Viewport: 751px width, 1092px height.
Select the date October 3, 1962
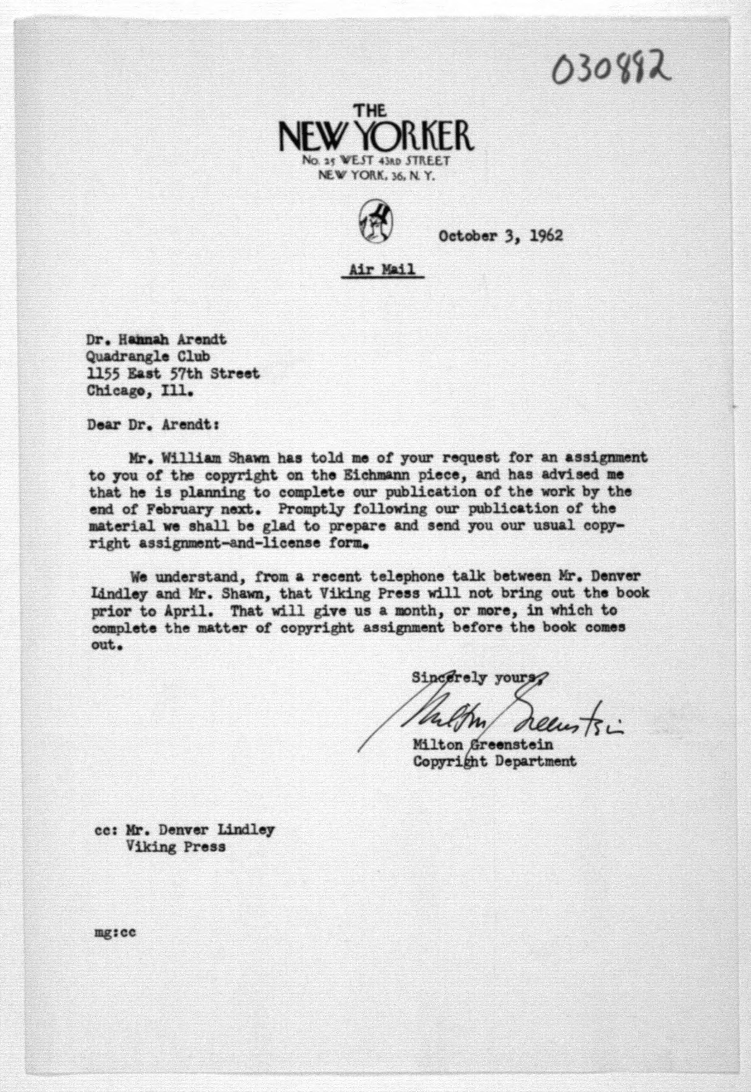(x=500, y=235)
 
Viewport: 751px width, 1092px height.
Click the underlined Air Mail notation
(x=382, y=270)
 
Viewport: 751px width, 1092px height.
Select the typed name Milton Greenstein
(x=483, y=745)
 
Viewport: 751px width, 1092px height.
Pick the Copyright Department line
(x=494, y=761)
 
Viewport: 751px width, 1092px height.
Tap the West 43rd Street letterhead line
(x=375, y=161)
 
